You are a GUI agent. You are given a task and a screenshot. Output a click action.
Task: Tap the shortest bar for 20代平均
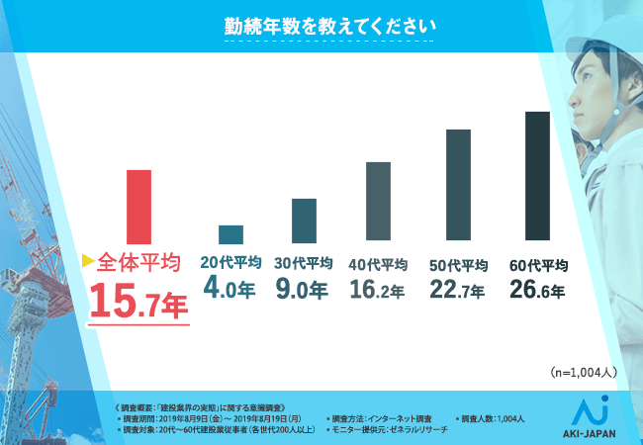point(230,234)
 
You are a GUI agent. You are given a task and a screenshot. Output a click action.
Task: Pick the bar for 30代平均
point(304,219)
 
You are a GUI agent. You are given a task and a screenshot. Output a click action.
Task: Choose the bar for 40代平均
point(378,201)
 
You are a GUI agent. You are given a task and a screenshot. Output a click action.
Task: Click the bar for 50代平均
point(457,185)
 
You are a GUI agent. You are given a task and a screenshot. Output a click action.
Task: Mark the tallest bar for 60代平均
point(537,175)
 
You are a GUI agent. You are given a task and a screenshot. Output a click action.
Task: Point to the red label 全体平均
point(139,263)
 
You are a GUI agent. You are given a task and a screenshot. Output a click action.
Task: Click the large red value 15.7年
point(138,300)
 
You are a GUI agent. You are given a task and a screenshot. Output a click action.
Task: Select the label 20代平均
point(230,263)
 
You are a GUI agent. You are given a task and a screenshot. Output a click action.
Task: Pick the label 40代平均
point(378,264)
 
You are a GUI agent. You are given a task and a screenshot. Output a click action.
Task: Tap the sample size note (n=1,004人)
point(583,373)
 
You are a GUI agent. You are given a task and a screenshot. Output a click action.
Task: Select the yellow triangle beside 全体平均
point(87,262)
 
